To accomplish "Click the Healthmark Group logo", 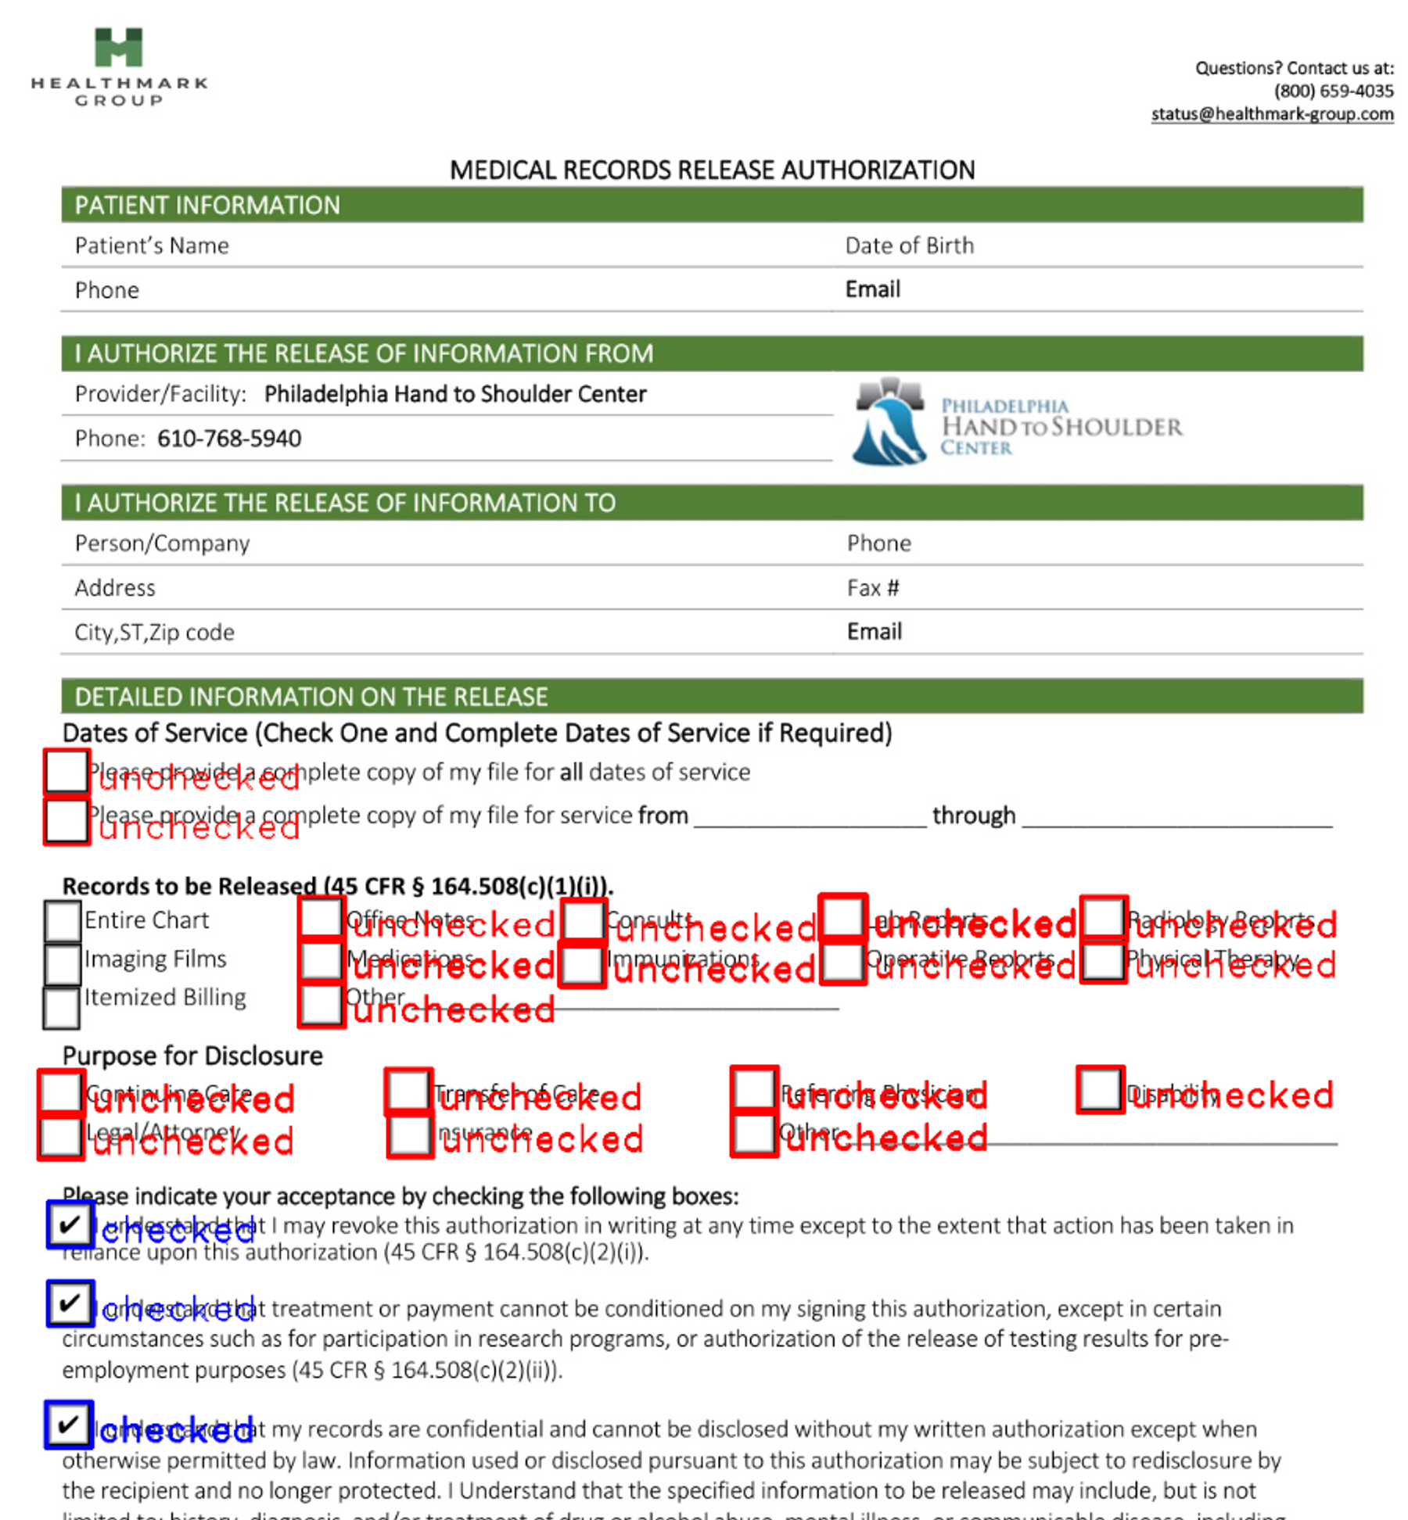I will tap(119, 67).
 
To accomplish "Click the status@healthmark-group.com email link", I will tap(1271, 114).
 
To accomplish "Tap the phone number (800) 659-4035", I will tap(1333, 91).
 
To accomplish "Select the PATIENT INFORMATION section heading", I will tap(207, 205).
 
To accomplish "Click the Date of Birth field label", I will tap(909, 246).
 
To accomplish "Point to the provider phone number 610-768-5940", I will tap(228, 439).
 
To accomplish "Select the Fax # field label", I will tap(872, 588).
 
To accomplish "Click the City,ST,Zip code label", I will tap(154, 633).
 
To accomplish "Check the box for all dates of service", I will tap(66, 772).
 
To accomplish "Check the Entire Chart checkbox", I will tap(63, 920).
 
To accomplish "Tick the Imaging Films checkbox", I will tap(63, 963).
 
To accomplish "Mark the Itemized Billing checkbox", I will tap(61, 1008).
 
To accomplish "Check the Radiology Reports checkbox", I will tap(1103, 918).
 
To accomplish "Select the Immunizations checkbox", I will tap(583, 965).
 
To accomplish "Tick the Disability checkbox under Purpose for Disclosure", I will tap(1100, 1088).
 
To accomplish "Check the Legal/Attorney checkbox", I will tap(60, 1137).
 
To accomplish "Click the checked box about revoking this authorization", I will tap(70, 1224).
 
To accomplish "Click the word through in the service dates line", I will tap(973, 816).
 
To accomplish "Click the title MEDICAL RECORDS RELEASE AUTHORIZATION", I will tap(712, 170).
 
